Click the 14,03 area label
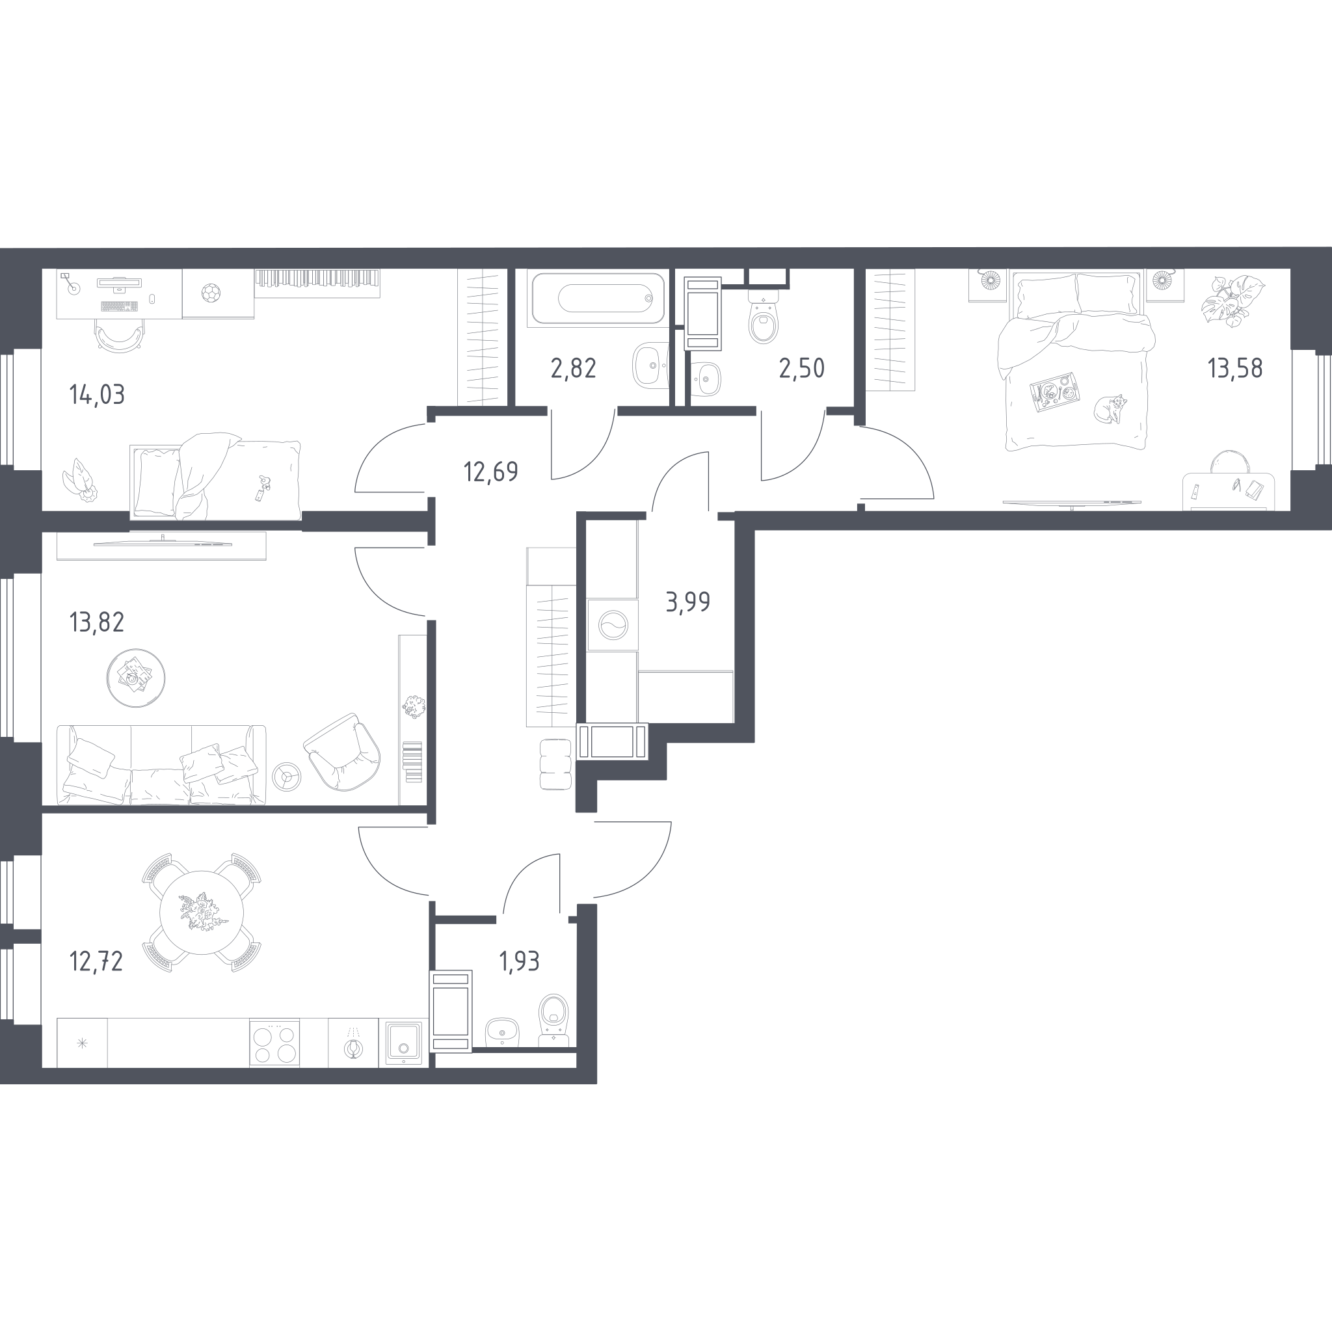(x=97, y=395)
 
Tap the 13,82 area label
(x=97, y=622)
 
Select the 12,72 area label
(x=96, y=961)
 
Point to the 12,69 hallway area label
(x=491, y=472)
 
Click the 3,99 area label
(x=688, y=602)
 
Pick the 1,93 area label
(x=519, y=961)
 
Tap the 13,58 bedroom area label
(x=1235, y=369)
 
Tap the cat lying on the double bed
(x=1110, y=408)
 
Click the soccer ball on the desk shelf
(x=210, y=294)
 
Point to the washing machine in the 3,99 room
(x=612, y=624)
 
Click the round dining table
(x=202, y=912)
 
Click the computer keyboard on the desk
(x=118, y=306)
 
